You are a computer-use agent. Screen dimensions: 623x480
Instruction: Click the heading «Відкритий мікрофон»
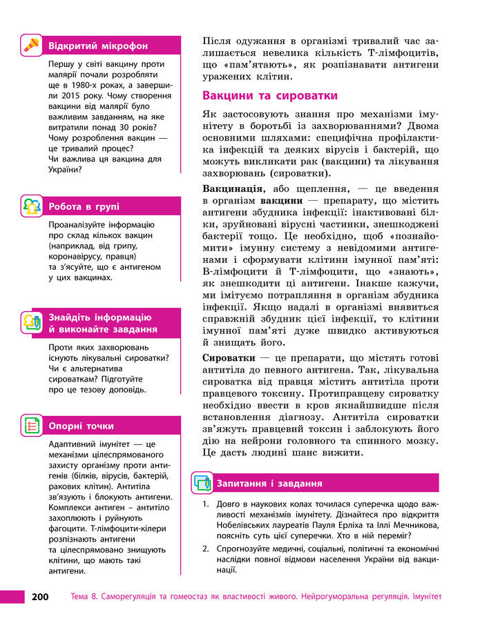(x=97, y=46)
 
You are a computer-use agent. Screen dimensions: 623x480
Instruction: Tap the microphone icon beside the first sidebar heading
(x=32, y=46)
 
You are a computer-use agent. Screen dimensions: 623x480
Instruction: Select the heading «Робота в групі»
(x=83, y=206)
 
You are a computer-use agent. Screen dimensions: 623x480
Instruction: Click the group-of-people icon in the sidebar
(x=32, y=206)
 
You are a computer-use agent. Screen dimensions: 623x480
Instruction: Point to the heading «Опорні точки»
(x=81, y=426)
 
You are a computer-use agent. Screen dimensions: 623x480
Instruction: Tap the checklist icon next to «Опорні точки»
(x=32, y=426)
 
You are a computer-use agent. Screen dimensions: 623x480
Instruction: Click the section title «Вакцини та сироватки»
(x=269, y=96)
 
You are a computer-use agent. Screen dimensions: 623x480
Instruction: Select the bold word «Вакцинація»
(x=232, y=188)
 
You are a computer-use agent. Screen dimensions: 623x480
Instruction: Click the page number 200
(x=40, y=597)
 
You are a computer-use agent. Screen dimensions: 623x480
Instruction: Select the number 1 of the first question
(x=206, y=504)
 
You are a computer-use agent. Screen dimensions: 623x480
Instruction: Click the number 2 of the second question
(x=206, y=548)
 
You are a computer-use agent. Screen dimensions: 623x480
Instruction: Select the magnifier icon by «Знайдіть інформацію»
(x=32, y=322)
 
